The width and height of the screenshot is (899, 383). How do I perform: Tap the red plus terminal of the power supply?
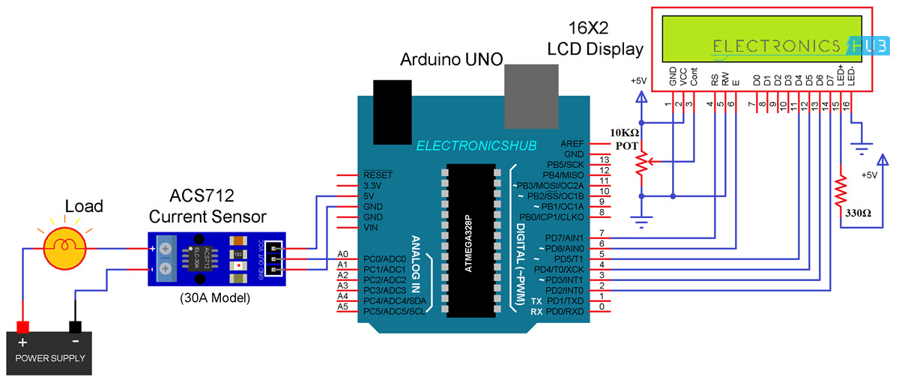click(22, 327)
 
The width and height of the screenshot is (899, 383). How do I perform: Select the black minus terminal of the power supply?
click(75, 327)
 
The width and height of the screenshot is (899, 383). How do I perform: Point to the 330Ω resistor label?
click(859, 213)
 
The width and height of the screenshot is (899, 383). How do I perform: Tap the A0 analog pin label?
click(344, 254)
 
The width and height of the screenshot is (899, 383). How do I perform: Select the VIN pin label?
click(370, 226)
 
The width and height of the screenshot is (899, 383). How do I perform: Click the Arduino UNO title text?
click(451, 58)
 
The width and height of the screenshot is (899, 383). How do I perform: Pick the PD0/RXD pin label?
click(565, 311)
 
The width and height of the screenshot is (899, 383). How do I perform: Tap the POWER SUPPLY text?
click(49, 358)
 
